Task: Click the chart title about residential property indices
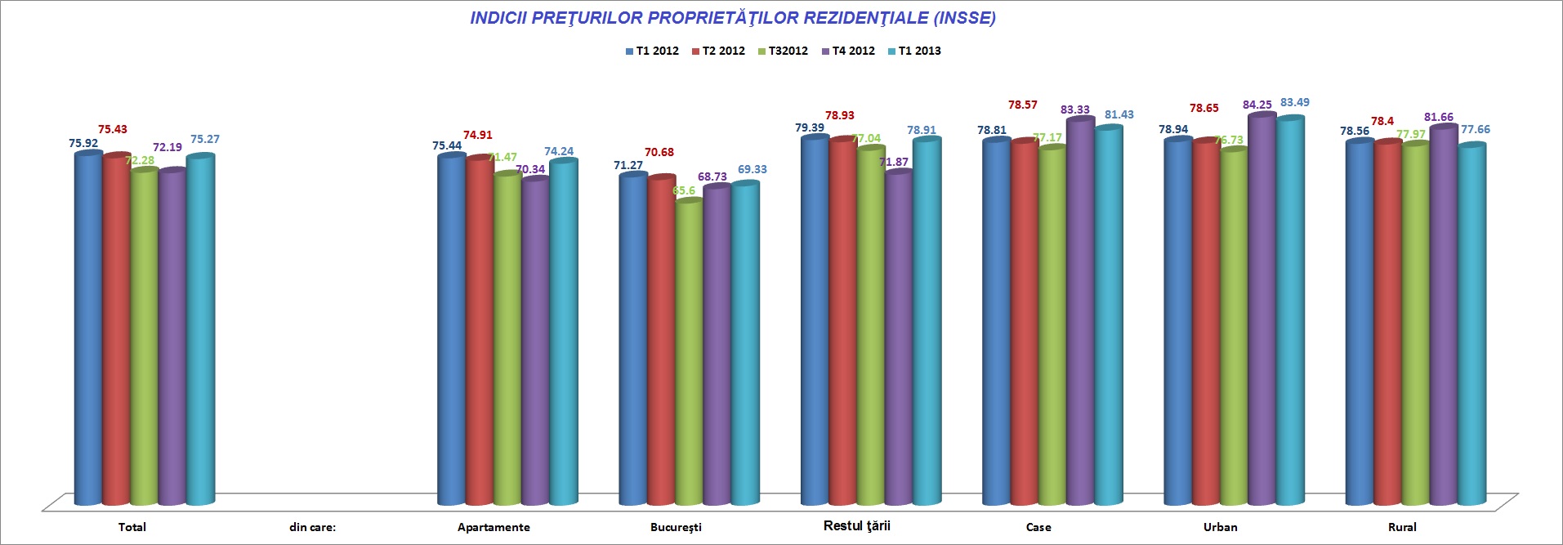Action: (x=732, y=18)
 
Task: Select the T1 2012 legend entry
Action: (x=652, y=51)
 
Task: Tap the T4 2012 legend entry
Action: (x=848, y=51)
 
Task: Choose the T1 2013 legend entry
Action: (x=914, y=51)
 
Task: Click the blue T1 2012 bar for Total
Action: (x=88, y=327)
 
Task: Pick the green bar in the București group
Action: (x=689, y=351)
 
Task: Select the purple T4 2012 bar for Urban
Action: (x=1262, y=310)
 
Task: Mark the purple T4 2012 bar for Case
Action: (x=1080, y=310)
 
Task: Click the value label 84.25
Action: (x=1257, y=105)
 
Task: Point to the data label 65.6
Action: (x=684, y=190)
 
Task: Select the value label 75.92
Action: (x=83, y=143)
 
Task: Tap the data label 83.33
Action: (x=1074, y=109)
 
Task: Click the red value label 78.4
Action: (x=1382, y=121)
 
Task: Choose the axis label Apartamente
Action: (x=493, y=527)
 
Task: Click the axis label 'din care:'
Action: (x=313, y=527)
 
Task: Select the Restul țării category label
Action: (x=856, y=525)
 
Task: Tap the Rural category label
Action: (x=1402, y=527)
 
